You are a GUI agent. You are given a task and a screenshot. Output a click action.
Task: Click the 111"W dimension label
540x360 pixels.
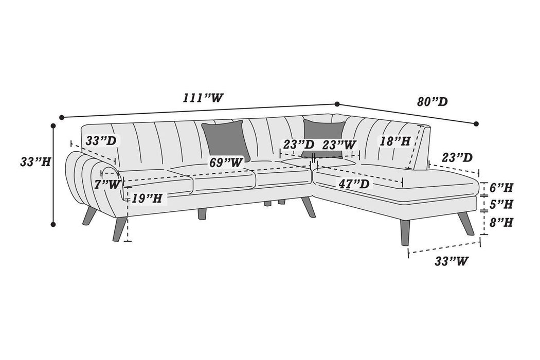click(x=203, y=98)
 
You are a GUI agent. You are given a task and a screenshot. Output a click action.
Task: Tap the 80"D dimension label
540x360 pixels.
click(x=433, y=102)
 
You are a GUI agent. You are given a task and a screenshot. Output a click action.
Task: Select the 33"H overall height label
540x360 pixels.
click(x=35, y=161)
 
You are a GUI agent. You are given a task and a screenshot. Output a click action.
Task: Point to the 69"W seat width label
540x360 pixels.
click(x=226, y=163)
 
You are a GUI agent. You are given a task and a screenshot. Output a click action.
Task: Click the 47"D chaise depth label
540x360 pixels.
click(x=354, y=184)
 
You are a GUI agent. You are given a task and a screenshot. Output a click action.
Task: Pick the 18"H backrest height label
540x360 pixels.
click(x=394, y=141)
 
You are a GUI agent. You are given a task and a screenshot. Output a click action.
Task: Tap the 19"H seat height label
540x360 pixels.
click(x=147, y=199)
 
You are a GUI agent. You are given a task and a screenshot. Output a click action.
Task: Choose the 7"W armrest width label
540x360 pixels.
click(x=107, y=185)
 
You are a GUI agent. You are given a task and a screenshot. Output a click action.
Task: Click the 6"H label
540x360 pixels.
click(x=501, y=188)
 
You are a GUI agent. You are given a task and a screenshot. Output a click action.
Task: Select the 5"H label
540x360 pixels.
click(x=501, y=204)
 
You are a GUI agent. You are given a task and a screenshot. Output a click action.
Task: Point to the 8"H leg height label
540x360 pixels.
click(x=501, y=222)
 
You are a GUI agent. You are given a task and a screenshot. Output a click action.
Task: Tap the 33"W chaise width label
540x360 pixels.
click(x=451, y=261)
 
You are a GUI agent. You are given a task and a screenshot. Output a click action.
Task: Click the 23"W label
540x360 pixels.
click(x=338, y=145)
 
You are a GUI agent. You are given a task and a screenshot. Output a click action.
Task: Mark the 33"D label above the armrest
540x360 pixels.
click(x=101, y=140)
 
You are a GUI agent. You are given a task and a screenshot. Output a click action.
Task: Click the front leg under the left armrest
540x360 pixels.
click(x=119, y=228)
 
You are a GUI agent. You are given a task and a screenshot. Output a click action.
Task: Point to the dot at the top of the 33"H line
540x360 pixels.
click(x=53, y=126)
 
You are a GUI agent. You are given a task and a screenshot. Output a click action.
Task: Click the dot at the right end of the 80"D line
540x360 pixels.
click(x=476, y=123)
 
